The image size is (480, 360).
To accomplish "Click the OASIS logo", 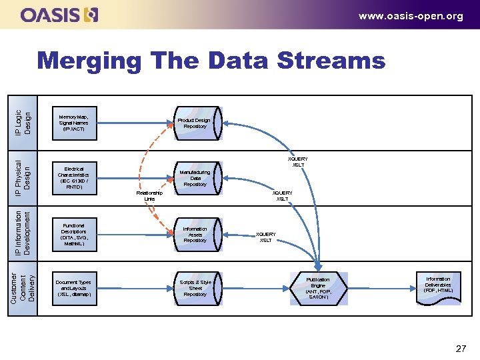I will tap(60, 15).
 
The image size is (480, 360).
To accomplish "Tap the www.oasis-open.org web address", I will tap(410, 16).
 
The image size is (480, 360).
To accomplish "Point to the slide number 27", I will tap(460, 348).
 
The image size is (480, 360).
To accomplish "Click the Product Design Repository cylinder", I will tap(195, 123).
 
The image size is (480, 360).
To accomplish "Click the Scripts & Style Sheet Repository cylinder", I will tap(195, 287).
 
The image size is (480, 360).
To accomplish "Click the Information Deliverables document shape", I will tap(438, 286).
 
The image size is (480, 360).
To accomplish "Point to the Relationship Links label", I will tap(149, 195).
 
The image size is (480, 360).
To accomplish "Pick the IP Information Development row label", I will tap(23, 233).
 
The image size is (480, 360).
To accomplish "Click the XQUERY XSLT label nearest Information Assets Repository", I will tap(265, 237).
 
